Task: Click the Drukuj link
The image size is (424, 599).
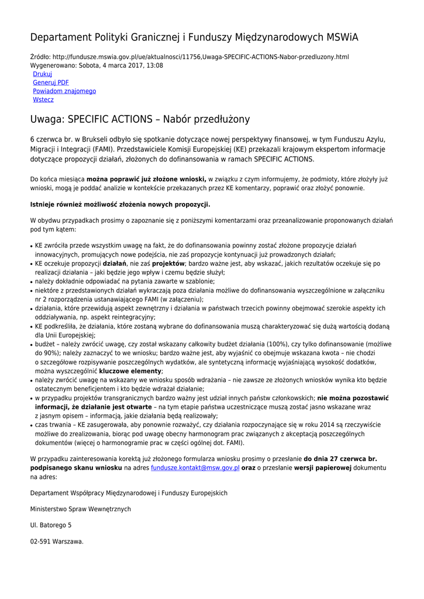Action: point(42,74)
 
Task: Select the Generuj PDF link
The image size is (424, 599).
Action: point(51,82)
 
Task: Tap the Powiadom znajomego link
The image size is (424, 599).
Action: point(64,91)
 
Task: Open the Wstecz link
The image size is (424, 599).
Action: point(43,99)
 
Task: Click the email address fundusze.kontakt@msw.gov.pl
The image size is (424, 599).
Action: point(195,468)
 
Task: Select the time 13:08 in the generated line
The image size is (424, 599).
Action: point(154,66)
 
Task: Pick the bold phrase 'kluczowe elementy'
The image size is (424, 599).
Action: point(130,371)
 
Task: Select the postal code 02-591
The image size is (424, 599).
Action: point(40,541)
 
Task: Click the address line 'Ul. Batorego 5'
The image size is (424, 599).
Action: point(51,525)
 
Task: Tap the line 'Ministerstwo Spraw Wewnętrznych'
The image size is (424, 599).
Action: point(81,509)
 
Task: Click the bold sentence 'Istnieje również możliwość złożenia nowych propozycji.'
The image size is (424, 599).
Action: point(120,204)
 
